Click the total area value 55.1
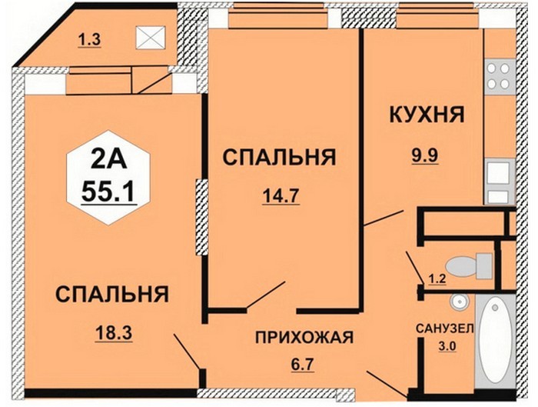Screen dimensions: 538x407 109,192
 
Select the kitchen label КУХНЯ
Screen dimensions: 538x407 427,115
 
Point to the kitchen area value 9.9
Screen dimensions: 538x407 425,156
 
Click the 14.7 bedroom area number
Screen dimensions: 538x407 281,196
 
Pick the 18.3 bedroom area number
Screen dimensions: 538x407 114,333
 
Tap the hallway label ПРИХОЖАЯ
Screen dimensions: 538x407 304,337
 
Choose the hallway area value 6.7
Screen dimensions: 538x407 303,363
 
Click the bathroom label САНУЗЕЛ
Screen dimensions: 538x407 444,329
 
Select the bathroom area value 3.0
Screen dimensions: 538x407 447,346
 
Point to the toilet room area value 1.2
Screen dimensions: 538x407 437,279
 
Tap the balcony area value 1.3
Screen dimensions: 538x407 89,40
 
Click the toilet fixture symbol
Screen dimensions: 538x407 469,265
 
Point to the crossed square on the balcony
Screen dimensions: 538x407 151,37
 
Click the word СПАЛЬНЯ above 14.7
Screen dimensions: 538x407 279,158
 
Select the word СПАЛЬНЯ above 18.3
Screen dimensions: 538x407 112,295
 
